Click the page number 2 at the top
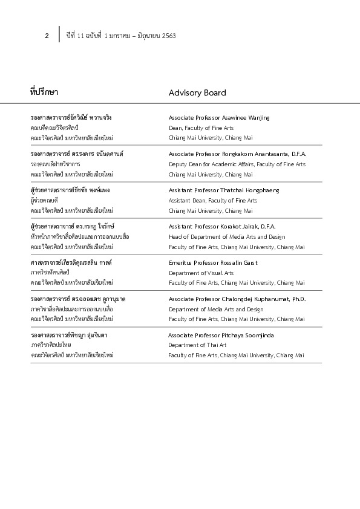pos(47,36)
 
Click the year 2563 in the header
pos(169,36)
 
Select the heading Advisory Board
pos(197,93)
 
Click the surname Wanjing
pos(257,118)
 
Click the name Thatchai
pos(231,190)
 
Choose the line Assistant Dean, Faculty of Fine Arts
pos(212,201)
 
